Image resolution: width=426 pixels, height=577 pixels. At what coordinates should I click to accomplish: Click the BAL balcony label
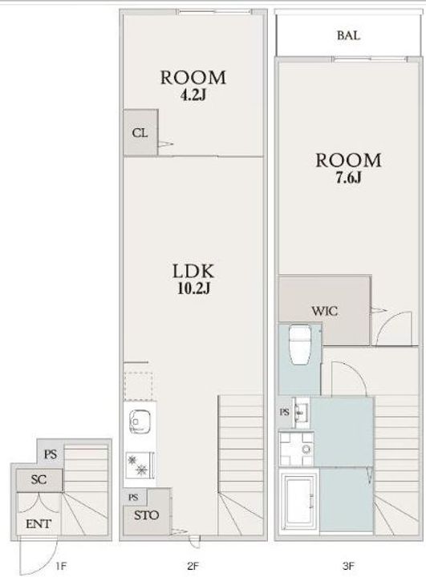348,36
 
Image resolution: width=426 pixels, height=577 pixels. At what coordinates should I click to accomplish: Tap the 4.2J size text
193,95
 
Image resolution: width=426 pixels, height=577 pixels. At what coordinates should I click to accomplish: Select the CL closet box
140,132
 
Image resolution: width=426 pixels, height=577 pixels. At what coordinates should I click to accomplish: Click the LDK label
193,271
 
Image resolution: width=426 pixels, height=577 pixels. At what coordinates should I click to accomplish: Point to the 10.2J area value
193,288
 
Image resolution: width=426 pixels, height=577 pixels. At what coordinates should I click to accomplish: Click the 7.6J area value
348,178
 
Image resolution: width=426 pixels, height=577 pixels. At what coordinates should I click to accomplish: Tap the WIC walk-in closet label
325,311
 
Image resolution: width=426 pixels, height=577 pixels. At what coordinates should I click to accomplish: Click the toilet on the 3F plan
300,345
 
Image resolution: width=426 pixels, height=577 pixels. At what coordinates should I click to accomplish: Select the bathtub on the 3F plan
299,499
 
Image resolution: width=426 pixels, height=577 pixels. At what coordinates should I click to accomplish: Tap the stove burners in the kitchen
139,465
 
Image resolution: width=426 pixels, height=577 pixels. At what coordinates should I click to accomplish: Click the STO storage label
146,515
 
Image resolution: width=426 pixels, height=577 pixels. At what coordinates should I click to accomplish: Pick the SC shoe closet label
39,479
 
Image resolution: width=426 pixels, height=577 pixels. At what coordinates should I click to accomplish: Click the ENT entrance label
39,523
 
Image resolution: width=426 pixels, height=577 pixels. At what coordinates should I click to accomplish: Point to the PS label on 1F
51,454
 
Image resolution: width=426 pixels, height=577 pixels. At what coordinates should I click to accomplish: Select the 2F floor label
193,566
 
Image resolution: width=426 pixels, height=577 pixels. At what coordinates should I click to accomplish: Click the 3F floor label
348,566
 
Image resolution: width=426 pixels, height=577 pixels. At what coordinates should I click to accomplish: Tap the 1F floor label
61,566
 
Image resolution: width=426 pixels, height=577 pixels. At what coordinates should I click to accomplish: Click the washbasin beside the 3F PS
302,413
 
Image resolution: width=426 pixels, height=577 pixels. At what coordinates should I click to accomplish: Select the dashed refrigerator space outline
138,386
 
